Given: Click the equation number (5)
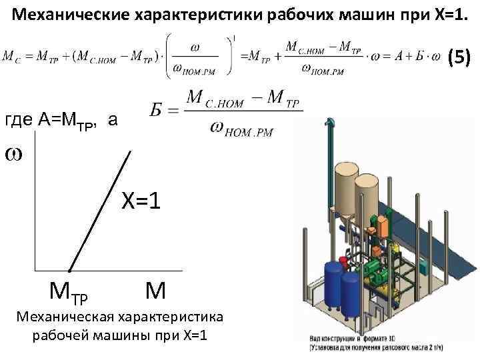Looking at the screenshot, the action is click(458, 58).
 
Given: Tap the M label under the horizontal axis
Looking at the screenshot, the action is click(155, 290).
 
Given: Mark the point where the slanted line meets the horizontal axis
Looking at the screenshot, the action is click(69, 271).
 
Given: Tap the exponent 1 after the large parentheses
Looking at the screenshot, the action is click(235, 37).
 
